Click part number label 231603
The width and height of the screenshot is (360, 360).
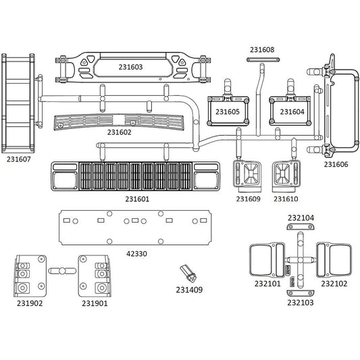point(130,67)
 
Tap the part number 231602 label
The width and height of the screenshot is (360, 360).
point(119,132)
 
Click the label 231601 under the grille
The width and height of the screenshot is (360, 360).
point(137,199)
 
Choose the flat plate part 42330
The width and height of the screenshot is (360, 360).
point(135,228)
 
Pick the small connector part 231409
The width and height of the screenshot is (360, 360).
point(188,274)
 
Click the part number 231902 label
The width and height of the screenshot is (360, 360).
point(30,303)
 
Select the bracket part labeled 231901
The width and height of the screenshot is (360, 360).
point(95,276)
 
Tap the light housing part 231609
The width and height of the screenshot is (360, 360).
point(247,176)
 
